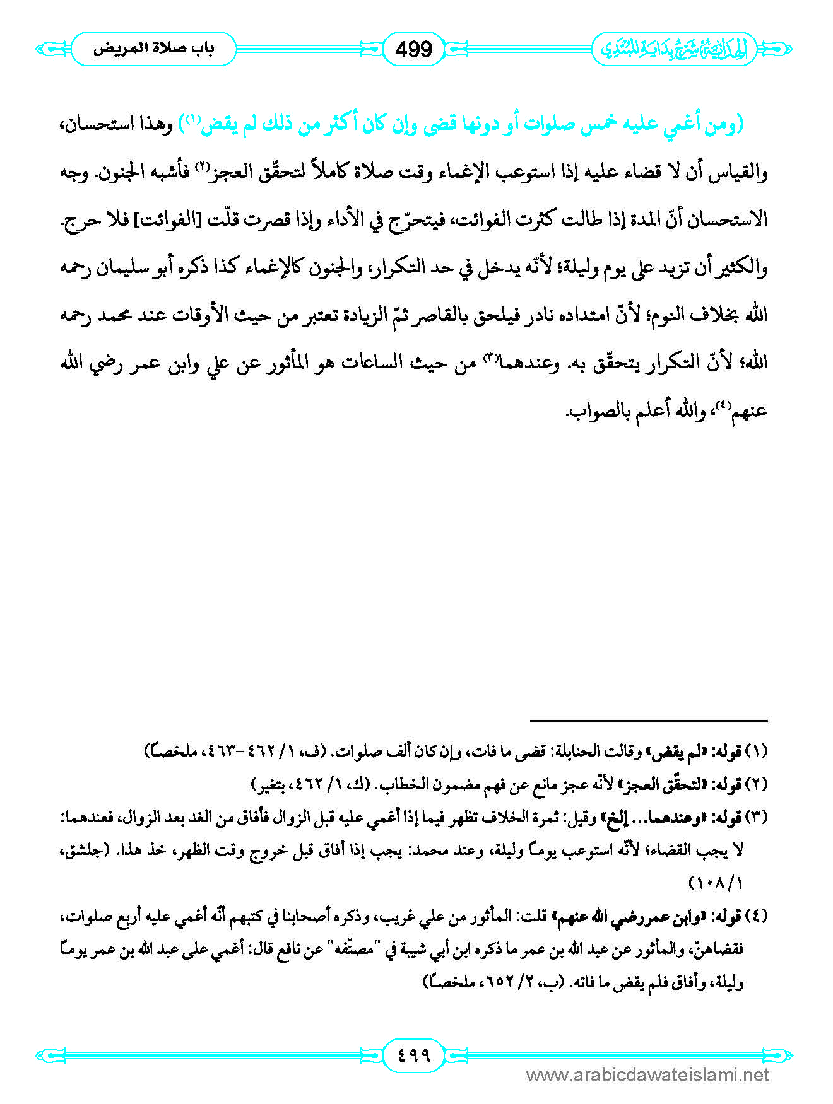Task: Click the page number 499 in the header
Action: pos(413,49)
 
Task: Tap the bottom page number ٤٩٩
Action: pos(413,1054)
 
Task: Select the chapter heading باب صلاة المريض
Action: pos(153,49)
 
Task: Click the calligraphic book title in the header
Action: pos(673,49)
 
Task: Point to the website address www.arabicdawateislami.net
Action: pos(647,1075)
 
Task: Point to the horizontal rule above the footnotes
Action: pos(648,720)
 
